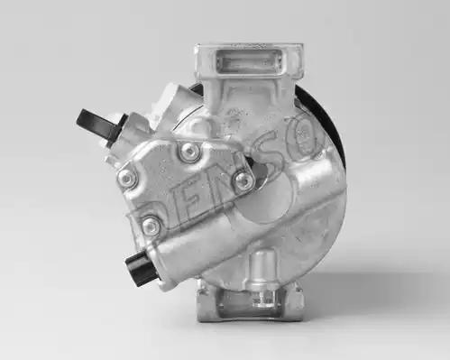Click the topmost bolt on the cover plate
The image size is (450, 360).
(190, 151)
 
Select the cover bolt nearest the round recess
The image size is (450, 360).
(243, 180)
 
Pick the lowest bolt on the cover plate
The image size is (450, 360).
(151, 225)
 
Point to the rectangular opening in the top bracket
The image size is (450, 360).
(249, 60)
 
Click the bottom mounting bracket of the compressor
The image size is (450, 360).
(250, 304)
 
